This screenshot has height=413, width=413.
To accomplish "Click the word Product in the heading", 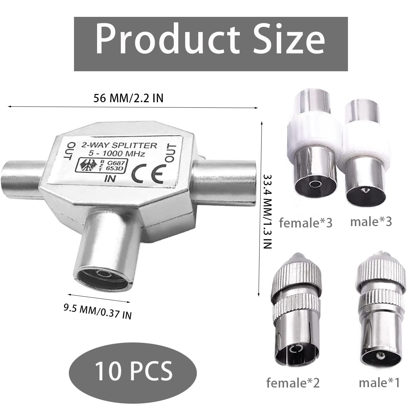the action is pos(167,39).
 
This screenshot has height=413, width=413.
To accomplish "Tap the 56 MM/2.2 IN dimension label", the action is pos(128,98).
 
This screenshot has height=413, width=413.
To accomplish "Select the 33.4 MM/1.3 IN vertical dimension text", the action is pos(267,212).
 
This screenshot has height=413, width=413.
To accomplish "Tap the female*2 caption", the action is pos(293,383).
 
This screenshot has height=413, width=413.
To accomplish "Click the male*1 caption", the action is pos(379,383).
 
